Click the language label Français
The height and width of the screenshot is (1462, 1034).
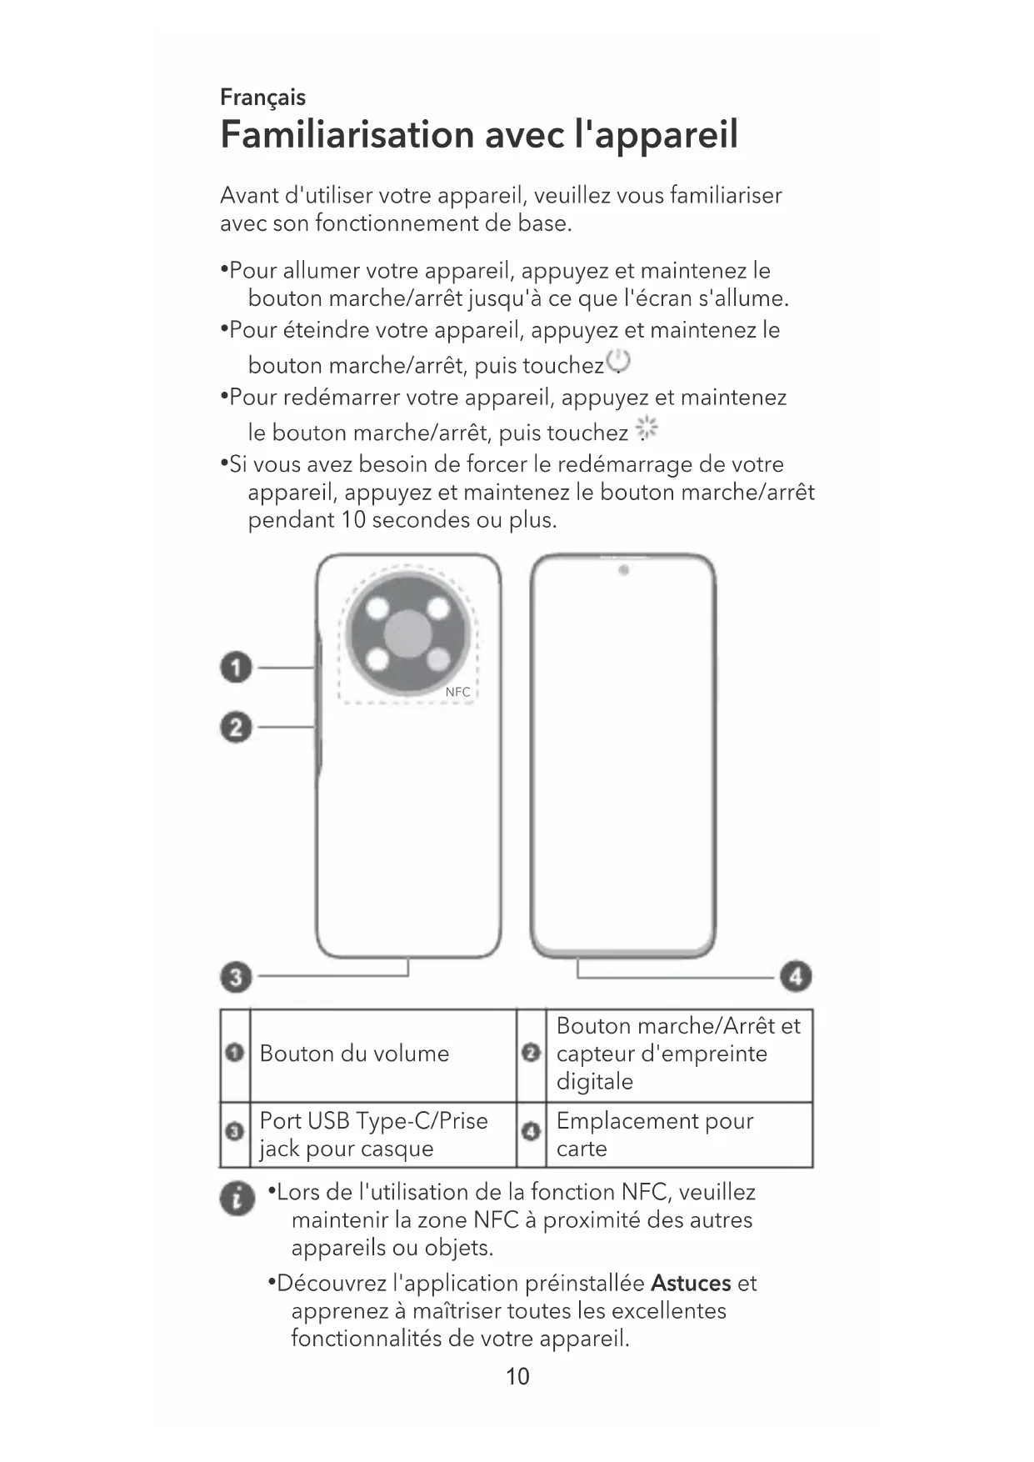tap(262, 98)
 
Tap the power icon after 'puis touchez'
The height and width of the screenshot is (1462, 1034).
tap(618, 362)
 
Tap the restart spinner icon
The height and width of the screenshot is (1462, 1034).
tap(647, 429)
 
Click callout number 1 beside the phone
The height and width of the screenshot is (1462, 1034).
tap(236, 668)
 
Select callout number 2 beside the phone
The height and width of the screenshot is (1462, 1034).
tap(236, 728)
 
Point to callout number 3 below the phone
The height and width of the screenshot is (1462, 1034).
tap(236, 976)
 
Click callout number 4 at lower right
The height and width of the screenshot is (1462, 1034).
tap(796, 976)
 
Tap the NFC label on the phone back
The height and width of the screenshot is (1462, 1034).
tap(457, 692)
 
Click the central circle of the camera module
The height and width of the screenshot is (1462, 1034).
tap(408, 631)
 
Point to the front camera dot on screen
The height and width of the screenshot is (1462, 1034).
tap(623, 570)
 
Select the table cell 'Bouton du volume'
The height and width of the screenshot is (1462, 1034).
tap(354, 1054)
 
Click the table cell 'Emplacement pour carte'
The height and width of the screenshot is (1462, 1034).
tap(655, 1134)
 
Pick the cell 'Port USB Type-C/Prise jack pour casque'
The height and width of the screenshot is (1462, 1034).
tap(373, 1134)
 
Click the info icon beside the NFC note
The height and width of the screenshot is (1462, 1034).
tap(237, 1199)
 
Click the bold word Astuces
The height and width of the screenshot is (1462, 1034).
tap(691, 1283)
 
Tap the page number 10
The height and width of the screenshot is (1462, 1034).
tap(517, 1376)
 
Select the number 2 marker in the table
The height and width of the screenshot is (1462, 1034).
tap(531, 1054)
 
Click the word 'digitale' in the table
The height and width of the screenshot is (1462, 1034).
tap(594, 1081)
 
